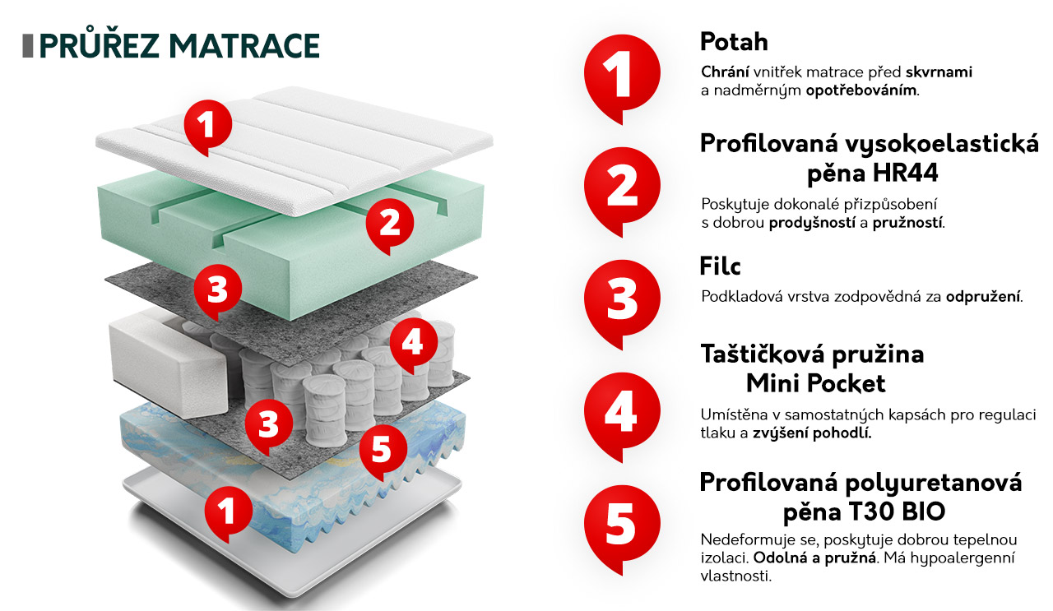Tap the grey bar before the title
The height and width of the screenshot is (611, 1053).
coord(28,46)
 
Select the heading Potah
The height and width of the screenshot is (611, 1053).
coord(734,41)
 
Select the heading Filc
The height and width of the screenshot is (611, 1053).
coord(720,266)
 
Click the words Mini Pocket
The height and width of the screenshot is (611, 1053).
coord(815,383)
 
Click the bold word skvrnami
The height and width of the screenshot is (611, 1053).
coord(939,72)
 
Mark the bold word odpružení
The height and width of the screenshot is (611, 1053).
coord(983,297)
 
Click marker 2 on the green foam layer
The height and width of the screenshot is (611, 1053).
coord(390,225)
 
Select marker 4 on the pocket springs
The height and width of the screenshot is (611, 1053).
coord(413,345)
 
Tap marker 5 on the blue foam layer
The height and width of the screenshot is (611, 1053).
coord(383,451)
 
